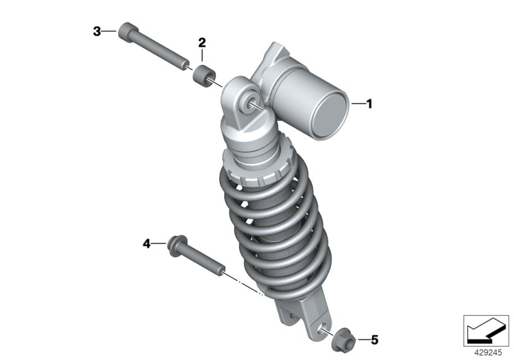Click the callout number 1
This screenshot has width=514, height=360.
coord(369,103)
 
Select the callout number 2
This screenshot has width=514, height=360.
coord(202,43)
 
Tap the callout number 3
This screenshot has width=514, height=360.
coord(97,31)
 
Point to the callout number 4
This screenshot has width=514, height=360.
coord(146,244)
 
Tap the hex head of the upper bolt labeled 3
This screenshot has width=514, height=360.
coord(127,33)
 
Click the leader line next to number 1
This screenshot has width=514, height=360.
coord(359,103)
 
